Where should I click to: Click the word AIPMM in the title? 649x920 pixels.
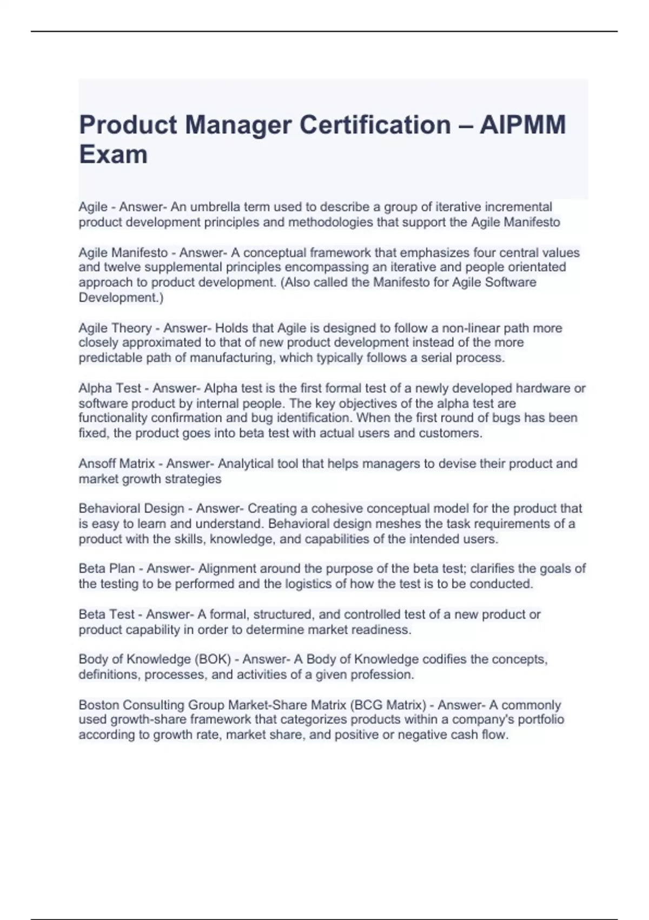click(522, 125)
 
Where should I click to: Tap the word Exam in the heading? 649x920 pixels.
click(113, 154)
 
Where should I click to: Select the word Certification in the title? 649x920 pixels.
click(375, 125)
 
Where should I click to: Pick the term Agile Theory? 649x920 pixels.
click(115, 328)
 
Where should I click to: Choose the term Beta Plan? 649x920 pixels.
click(107, 569)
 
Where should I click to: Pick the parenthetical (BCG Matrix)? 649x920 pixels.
click(388, 705)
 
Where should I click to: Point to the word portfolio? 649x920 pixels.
click(541, 720)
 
